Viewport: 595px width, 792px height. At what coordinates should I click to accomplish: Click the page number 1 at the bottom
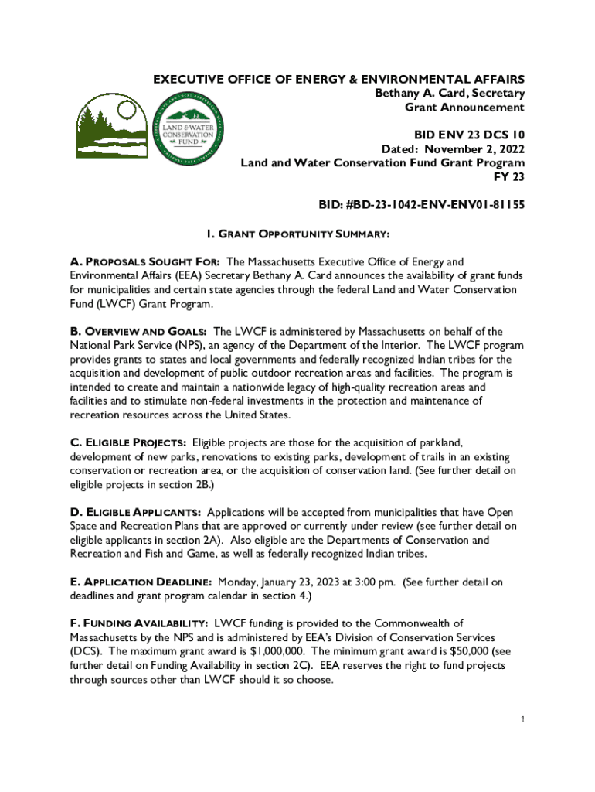click(523, 720)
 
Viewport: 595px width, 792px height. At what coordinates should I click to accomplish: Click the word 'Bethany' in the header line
click(399, 93)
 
